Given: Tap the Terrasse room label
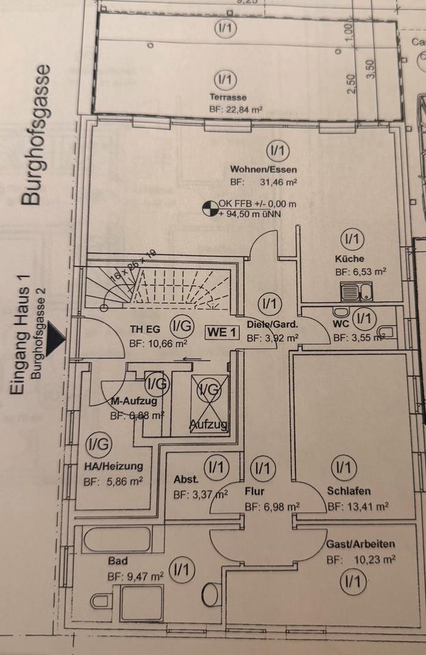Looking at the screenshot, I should (228, 98).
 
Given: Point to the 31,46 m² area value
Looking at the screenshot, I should (278, 183).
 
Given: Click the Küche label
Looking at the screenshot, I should (349, 259).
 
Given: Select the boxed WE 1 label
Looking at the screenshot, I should (223, 332).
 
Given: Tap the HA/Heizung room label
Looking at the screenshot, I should (113, 467).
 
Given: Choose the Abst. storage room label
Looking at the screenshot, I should (186, 479).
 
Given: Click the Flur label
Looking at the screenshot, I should (254, 491).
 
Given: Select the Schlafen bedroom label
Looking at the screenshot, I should (349, 491).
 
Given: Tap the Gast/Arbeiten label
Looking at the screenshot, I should (360, 545).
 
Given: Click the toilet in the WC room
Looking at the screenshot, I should (388, 333).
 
